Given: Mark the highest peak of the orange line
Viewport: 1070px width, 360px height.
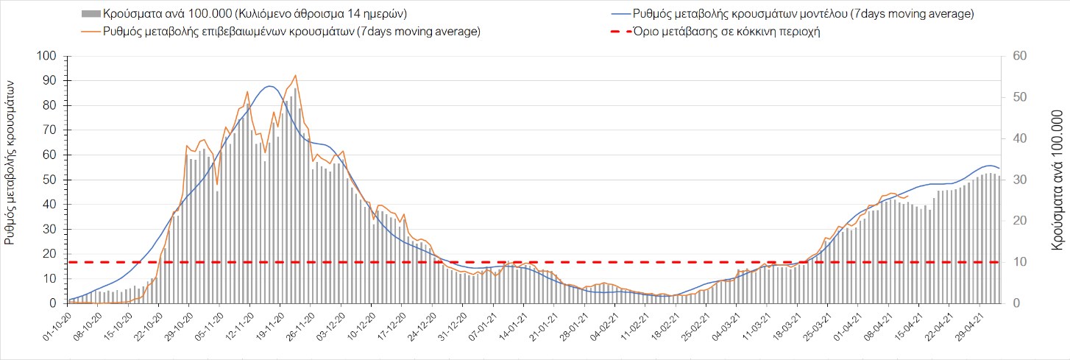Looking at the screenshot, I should pos(295,75).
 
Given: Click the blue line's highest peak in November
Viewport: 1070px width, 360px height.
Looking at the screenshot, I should pos(269,86).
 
